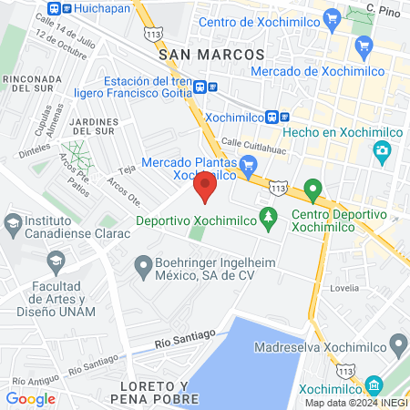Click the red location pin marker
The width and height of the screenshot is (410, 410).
tap(205, 189)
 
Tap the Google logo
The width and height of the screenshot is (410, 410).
tap(30, 398)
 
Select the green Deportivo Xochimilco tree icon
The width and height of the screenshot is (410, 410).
tap(268, 218)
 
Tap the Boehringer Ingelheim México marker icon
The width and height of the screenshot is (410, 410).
tap(142, 267)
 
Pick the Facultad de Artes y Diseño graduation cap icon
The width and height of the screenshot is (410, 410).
tap(56, 262)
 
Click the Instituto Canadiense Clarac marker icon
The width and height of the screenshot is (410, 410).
tap(14, 222)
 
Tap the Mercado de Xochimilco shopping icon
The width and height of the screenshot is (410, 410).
tap(365, 45)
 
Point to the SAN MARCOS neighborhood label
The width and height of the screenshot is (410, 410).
tap(210, 56)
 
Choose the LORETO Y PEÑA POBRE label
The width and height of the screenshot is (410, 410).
tap(158, 392)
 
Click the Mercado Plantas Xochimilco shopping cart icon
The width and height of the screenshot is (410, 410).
tap(251, 163)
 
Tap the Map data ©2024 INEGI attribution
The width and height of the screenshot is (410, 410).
tap(356, 403)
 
